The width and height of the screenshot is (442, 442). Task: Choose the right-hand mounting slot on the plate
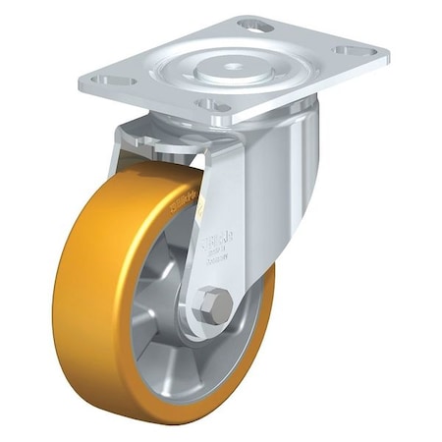pyautogui.click(x=351, y=50)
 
